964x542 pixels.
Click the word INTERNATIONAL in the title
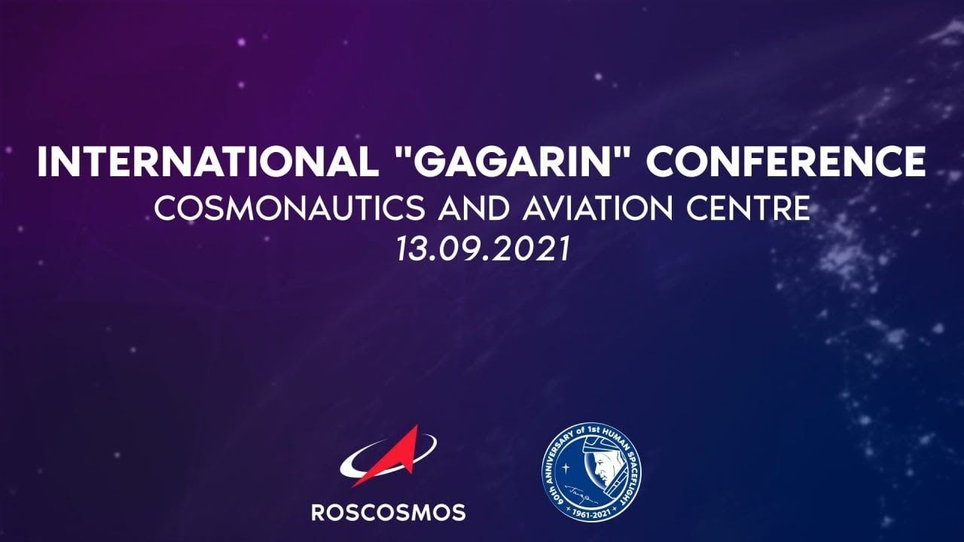pos(208,161)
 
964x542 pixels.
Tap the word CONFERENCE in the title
pos(786,161)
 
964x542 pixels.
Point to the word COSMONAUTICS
pos(290,209)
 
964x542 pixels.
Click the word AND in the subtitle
pos(474,209)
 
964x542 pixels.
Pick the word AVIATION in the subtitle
pos(598,209)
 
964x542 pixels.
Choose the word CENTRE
pos(749,209)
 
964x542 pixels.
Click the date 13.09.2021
pos(483,249)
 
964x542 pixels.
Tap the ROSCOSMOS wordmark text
pos(388,513)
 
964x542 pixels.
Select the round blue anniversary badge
pos(591,472)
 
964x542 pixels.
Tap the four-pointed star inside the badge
pos(566,466)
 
